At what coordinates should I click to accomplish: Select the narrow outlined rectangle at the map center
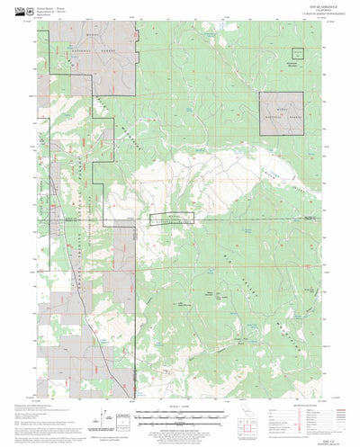coord(171,218)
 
